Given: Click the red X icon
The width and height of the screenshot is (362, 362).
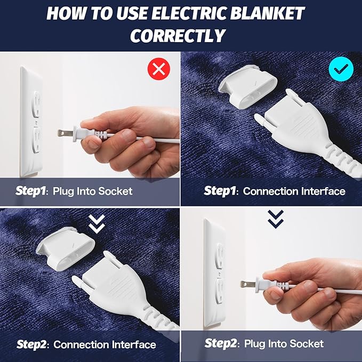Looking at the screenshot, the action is [x=159, y=69].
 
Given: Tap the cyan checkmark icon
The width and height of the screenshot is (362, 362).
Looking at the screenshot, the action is [x=341, y=69].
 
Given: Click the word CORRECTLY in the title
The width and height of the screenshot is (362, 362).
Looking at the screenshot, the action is [x=178, y=36].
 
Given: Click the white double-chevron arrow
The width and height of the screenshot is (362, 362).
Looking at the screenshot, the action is [x=96, y=223].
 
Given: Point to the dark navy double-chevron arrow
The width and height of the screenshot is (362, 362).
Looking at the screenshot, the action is [x=276, y=219].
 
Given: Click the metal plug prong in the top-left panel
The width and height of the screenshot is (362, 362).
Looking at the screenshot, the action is [x=65, y=133].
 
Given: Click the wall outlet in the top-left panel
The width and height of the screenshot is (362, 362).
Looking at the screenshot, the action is [x=31, y=122].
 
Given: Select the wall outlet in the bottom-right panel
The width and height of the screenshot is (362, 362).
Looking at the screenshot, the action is [x=215, y=274].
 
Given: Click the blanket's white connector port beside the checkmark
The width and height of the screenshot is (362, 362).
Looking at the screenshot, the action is [x=248, y=86].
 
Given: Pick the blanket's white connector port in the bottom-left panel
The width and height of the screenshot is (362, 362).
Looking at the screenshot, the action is [x=66, y=248].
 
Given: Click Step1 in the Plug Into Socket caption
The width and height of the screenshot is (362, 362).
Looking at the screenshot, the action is [x=30, y=191].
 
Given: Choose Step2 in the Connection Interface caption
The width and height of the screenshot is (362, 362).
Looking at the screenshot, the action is [x=31, y=344].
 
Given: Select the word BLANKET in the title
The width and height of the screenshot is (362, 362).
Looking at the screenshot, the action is [x=267, y=13].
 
